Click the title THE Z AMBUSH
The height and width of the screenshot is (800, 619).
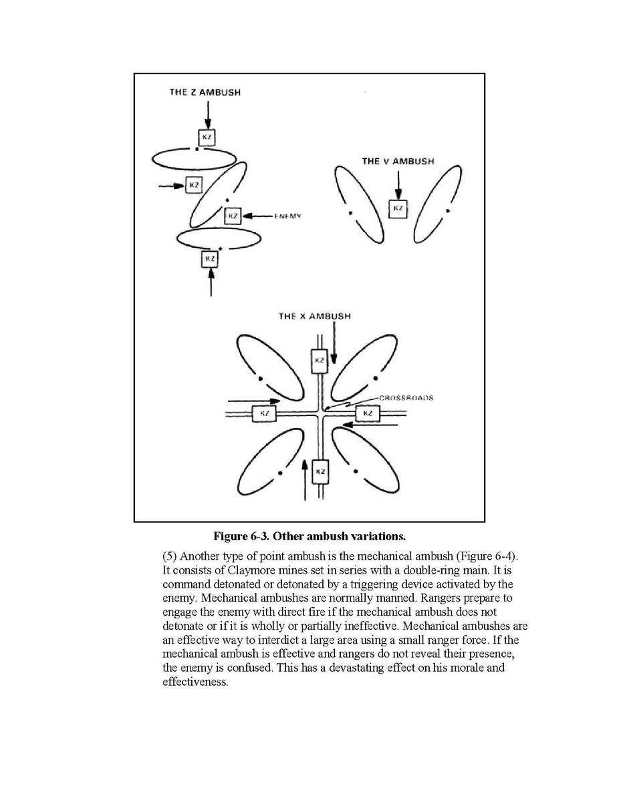(204, 93)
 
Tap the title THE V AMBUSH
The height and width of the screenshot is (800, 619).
(398, 162)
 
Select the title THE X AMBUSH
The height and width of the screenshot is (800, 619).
(314, 316)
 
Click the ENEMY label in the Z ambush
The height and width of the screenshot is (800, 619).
(288, 216)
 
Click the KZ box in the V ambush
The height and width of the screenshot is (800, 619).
(398, 208)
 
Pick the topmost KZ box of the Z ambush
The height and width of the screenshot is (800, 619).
(207, 138)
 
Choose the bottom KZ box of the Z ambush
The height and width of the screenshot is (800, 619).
(210, 258)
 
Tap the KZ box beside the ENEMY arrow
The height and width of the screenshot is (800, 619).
(232, 216)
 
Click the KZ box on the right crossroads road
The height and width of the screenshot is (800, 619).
(367, 414)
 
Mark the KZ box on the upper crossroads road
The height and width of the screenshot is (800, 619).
(320, 361)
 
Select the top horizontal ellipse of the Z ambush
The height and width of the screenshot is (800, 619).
(194, 159)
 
